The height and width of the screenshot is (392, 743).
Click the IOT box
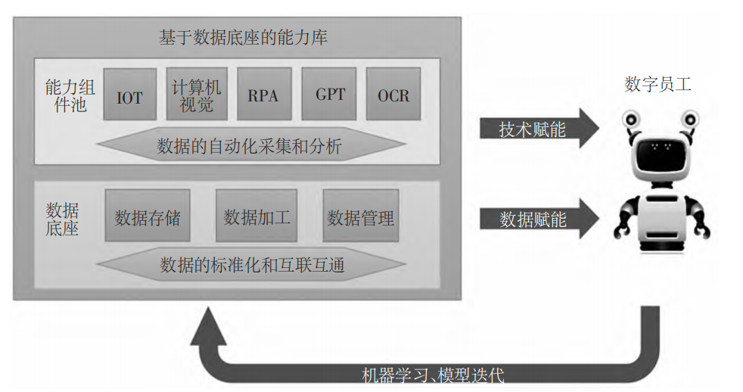130,95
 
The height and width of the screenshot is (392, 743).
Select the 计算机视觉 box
196,95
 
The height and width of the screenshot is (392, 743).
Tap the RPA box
263,95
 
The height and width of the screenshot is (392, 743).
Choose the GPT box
330,95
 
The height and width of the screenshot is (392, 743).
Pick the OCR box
393,95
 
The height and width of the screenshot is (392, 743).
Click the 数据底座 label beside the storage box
62,218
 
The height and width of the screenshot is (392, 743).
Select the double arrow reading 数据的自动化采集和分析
250,146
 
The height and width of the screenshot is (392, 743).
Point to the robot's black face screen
658,156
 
